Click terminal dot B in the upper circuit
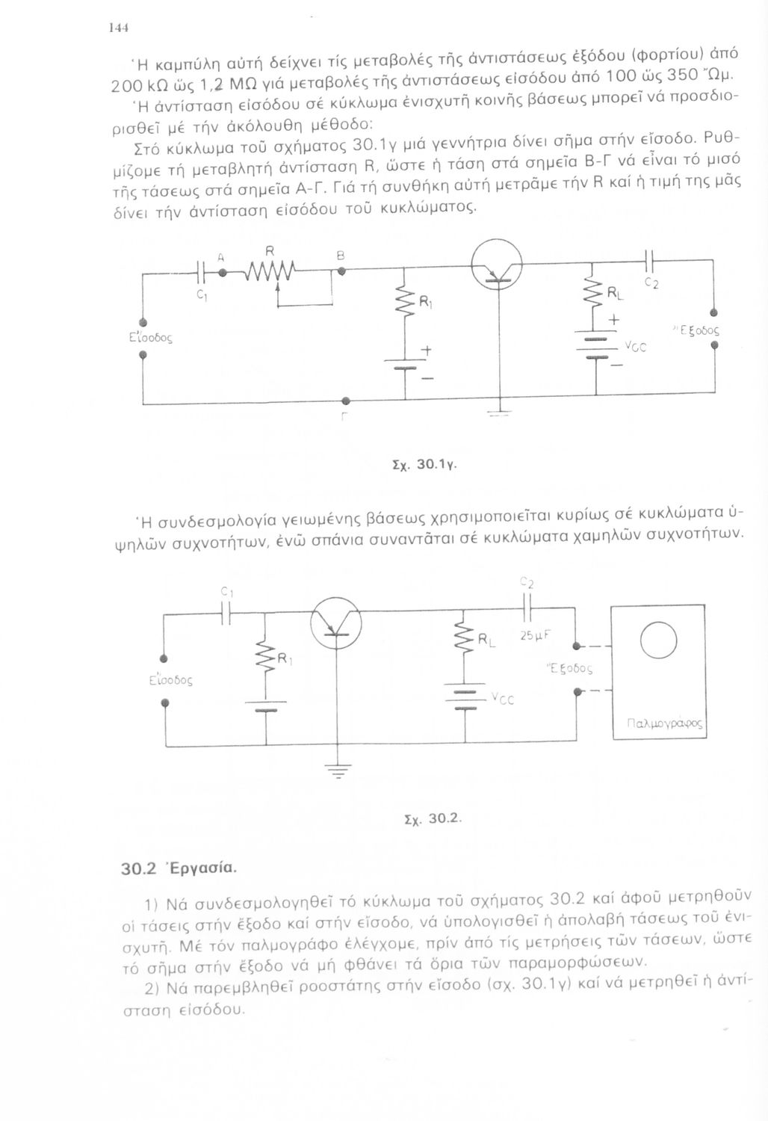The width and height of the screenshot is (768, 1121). tap(341, 271)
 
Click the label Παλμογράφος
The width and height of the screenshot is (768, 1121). tap(660, 723)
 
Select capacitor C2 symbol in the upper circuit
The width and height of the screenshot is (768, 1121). tap(650, 261)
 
